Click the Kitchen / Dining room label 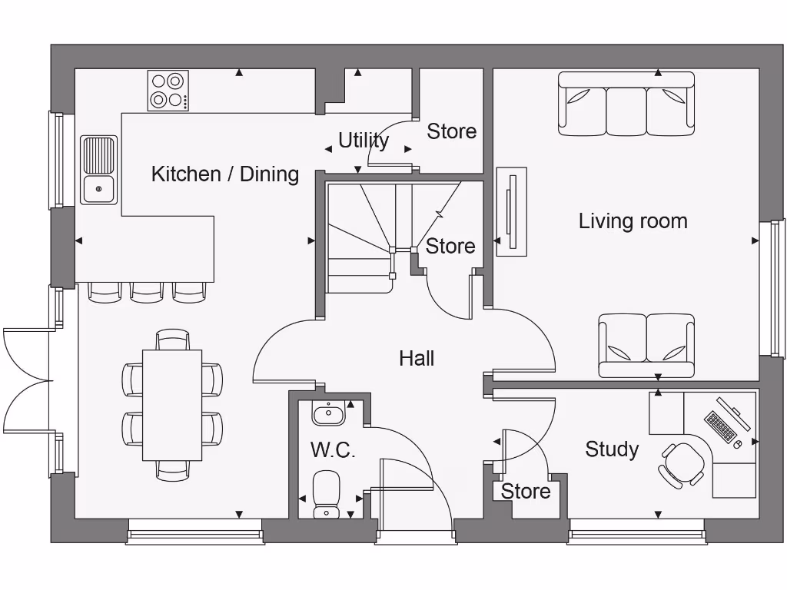224,174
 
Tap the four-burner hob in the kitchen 168,91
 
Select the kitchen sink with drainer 99,170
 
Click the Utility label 364,141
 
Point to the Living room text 633,221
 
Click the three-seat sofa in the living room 626,104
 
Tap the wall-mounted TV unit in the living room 511,211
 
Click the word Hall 417,358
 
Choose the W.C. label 333,450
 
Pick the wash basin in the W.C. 328,414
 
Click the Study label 612,449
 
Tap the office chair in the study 682,463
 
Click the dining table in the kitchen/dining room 172,405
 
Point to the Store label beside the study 526,492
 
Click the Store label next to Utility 451,131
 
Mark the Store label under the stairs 450,247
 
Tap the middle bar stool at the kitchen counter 147,290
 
